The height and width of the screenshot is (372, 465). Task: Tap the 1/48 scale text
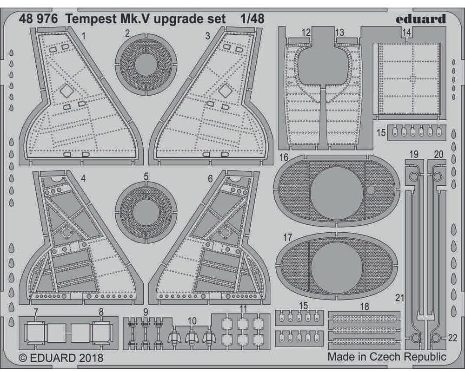pos(252,19)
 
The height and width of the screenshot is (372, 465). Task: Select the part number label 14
pos(406,33)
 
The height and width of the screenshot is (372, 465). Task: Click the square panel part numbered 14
pos(408,79)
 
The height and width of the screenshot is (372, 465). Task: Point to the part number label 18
pos(364,306)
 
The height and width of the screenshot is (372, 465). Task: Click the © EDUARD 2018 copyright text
pos(61,358)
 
